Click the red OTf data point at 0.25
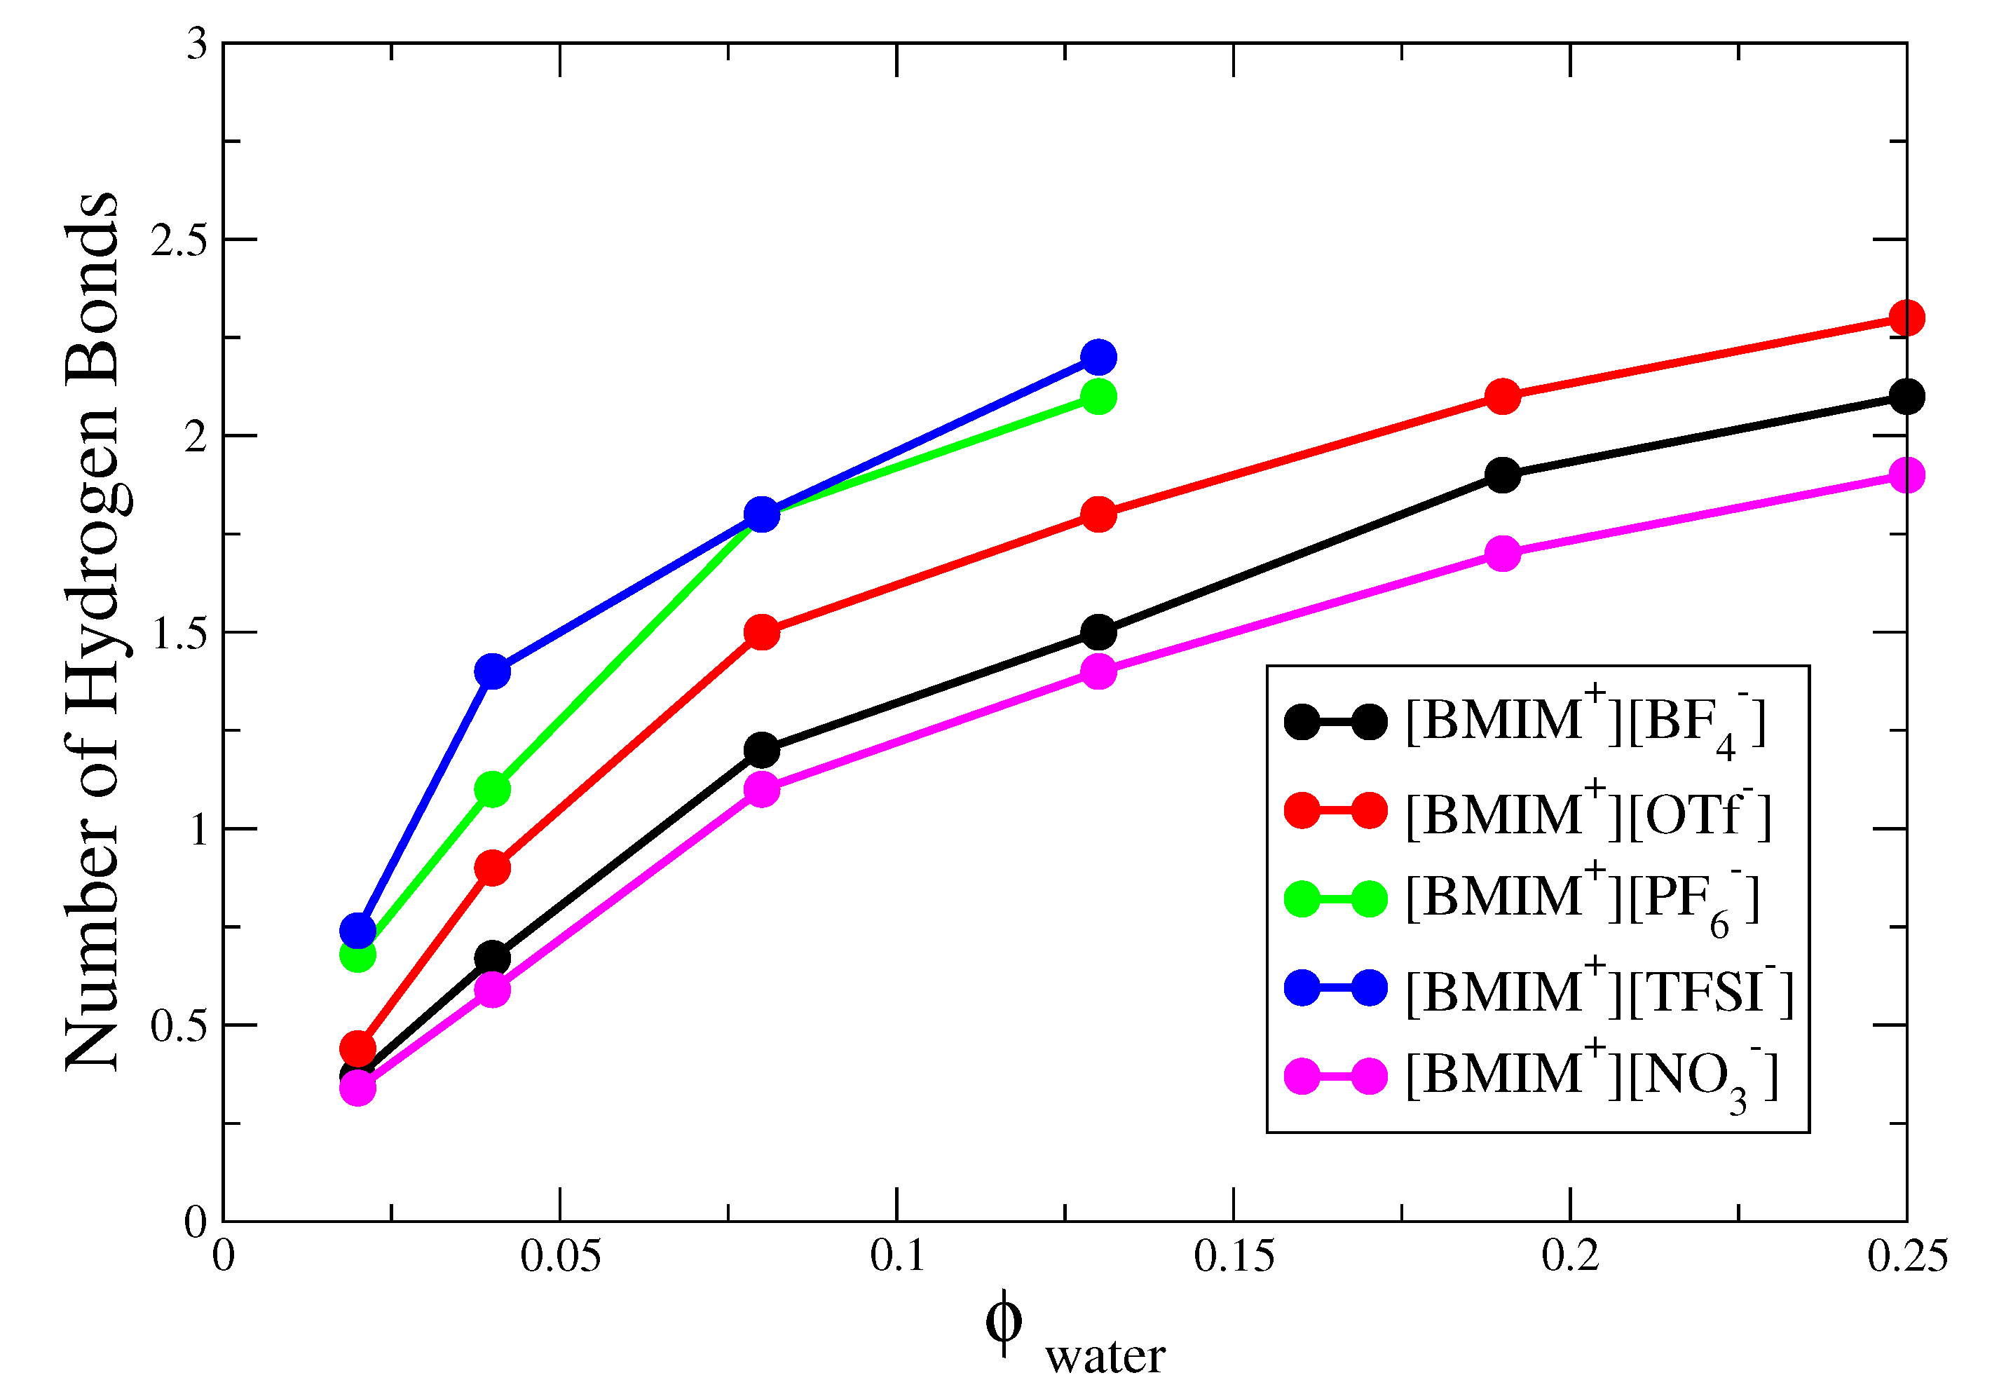click(1906, 317)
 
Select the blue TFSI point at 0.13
click(1099, 357)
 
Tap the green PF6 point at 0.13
click(1099, 397)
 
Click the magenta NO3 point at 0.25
click(1906, 475)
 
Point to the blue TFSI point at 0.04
click(493, 671)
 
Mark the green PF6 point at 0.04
click(493, 790)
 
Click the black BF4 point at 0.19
click(1503, 475)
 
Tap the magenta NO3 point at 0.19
click(1503, 554)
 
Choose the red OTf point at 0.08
click(762, 632)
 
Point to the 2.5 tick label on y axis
click(179, 240)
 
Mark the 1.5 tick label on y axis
click(179, 633)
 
